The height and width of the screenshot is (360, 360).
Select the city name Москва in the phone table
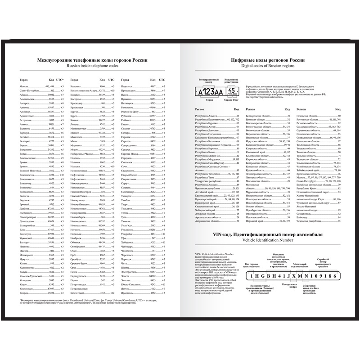24,85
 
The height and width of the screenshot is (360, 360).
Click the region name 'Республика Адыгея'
205,116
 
